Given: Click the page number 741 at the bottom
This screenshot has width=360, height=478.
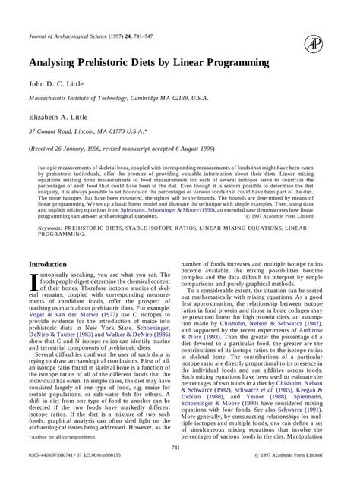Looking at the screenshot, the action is click(x=179, y=448).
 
